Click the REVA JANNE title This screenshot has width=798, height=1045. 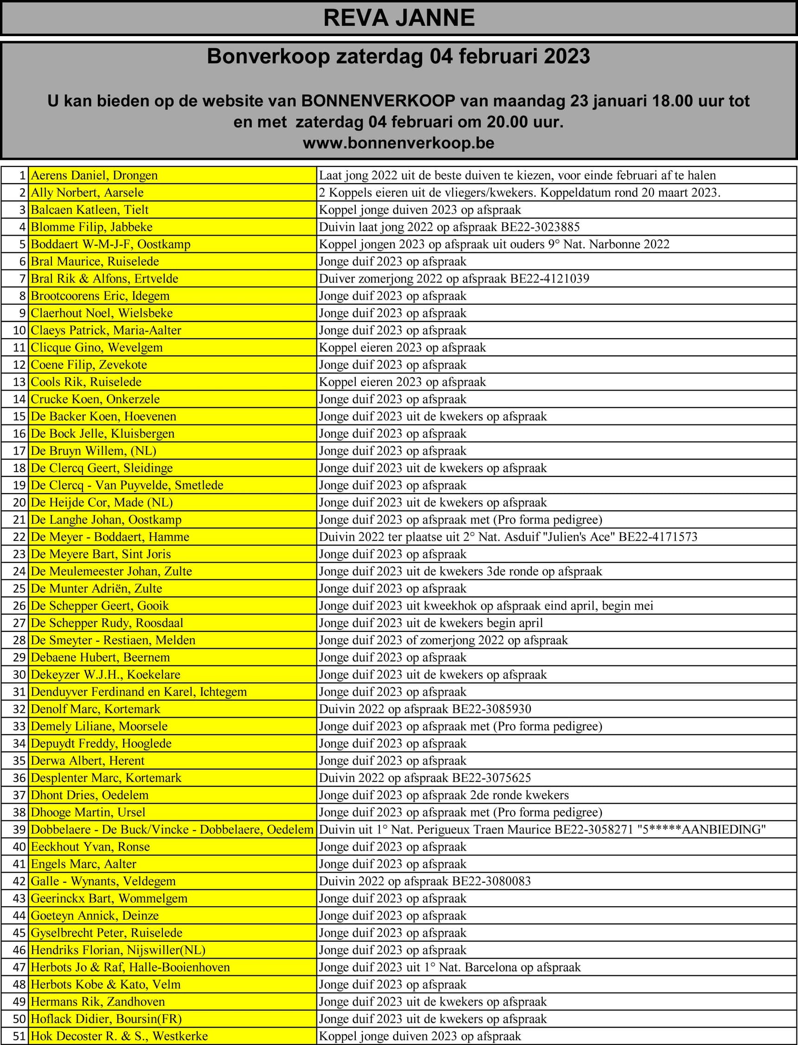[399, 18]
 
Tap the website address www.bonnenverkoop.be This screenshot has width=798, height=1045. [399, 143]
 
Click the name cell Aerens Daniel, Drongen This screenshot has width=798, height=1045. [94, 175]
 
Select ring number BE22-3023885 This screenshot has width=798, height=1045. [540, 227]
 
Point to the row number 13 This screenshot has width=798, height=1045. [19, 382]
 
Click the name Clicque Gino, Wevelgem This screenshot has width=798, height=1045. [97, 347]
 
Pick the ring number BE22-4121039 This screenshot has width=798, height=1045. [550, 279]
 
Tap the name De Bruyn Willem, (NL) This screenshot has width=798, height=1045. [94, 450]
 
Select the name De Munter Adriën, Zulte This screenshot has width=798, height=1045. [97, 588]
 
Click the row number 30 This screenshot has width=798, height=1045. [19, 674]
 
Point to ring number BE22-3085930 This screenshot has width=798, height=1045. [492, 709]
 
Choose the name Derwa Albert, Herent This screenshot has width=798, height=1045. [87, 761]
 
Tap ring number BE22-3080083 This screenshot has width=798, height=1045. [492, 881]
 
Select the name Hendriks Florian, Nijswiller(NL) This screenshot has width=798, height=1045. [118, 950]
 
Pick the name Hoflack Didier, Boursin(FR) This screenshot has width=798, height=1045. [106, 1019]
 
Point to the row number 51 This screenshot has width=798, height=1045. [19, 1036]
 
